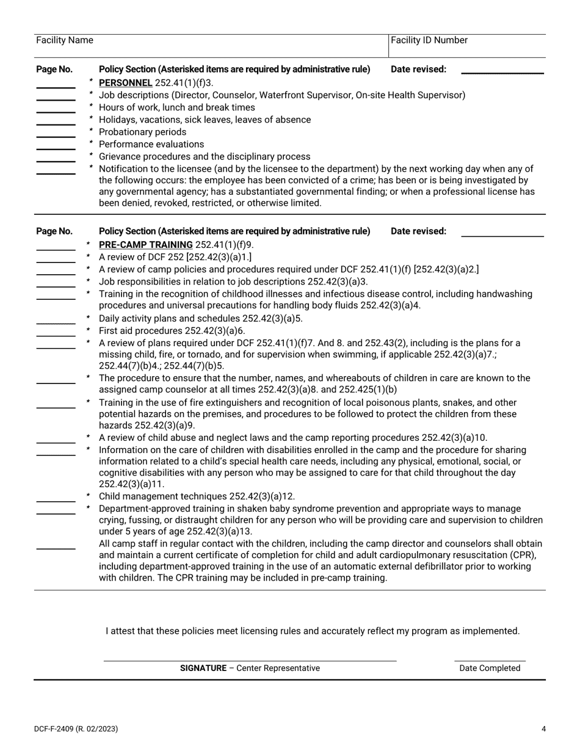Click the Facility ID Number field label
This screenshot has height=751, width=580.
429,40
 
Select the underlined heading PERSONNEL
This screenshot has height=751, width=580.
125,82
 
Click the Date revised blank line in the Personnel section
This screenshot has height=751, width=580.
502,73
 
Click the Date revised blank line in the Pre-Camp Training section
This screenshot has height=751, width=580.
502,235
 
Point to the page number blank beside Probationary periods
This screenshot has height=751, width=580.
56,136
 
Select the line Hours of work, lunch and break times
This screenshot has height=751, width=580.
176,107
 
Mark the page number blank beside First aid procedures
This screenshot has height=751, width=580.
56,335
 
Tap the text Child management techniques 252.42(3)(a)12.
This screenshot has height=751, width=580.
197,496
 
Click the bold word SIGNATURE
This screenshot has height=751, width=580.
203,668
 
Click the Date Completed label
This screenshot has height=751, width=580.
490,668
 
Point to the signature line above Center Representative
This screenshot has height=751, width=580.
250,660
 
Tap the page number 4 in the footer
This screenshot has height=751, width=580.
543,728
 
